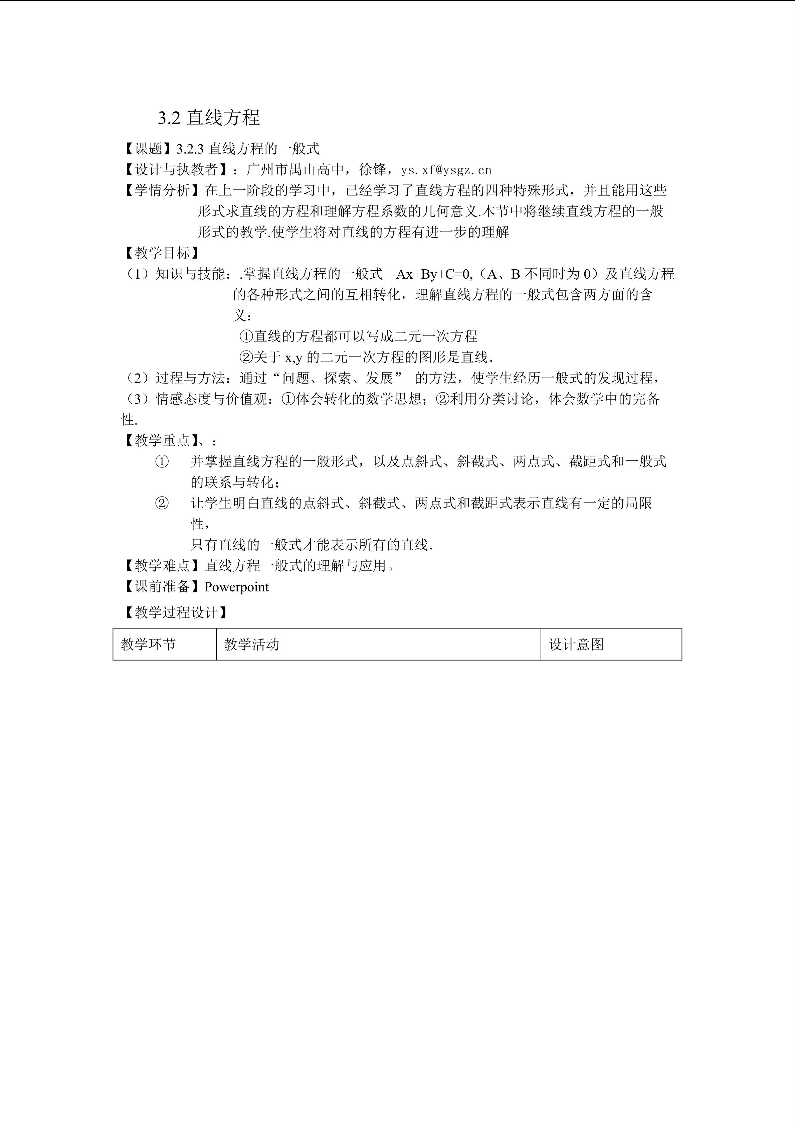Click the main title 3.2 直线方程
pos(209,118)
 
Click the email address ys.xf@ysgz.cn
pos(446,170)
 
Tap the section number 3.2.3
pos(190,148)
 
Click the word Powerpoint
pos(236,587)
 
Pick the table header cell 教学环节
pos(148,644)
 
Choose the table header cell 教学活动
pos(252,644)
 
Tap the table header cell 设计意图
pos(576,644)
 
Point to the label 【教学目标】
pos(162,253)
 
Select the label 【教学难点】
pos(162,566)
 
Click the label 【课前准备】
pos(162,587)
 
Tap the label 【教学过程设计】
pos(176,612)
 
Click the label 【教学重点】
pos(162,440)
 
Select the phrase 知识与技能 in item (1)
pos(190,274)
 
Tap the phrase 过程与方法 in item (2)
pos(190,378)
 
